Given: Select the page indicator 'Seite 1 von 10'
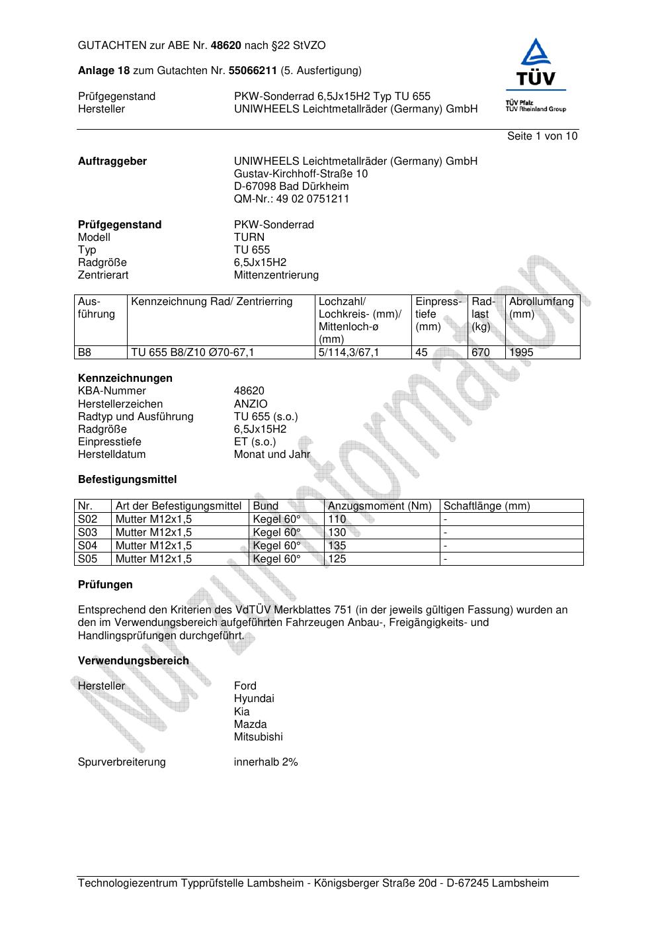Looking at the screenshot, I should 542,136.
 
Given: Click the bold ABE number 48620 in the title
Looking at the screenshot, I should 226,46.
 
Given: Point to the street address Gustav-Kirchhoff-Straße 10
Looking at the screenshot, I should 301,174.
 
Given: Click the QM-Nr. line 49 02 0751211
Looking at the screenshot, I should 292,199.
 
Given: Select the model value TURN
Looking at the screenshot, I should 249,238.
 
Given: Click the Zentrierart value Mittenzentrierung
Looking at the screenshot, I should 276,275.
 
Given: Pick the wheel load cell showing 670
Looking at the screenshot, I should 481,353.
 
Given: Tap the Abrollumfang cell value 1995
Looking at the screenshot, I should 521,353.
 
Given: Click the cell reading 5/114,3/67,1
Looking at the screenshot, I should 348,353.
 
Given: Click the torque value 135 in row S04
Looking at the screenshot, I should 337,546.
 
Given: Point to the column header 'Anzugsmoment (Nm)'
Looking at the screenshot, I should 380,506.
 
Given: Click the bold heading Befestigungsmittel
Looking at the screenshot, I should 127,480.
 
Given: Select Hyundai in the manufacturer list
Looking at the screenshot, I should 254,699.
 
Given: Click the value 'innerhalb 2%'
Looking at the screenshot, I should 266,762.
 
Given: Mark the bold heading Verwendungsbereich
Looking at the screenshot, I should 134,661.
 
